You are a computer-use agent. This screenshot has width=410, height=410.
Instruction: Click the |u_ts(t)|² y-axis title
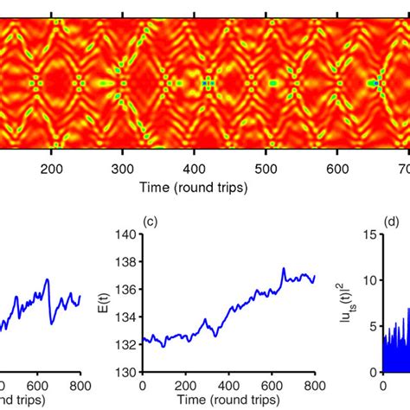click(353, 303)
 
